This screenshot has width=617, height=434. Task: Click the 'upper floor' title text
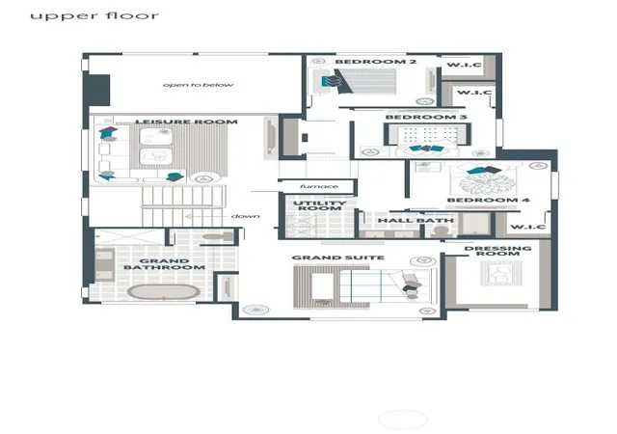pyautogui.click(x=94, y=16)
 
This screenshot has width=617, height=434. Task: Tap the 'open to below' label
pyautogui.click(x=199, y=85)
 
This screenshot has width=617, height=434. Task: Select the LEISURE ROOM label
pyautogui.click(x=186, y=122)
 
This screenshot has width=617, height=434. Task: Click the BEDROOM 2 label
pyautogui.click(x=375, y=62)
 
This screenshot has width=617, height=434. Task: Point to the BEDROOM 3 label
pyautogui.click(x=426, y=117)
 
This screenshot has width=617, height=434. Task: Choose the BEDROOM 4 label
pyautogui.click(x=489, y=200)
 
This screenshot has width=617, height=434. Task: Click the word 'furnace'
pyautogui.click(x=319, y=186)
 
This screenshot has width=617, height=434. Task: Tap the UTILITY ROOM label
pyautogui.click(x=320, y=205)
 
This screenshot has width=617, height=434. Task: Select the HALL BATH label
pyautogui.click(x=416, y=221)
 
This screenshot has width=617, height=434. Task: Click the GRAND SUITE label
pyautogui.click(x=338, y=258)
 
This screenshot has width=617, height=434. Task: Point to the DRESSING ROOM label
pyautogui.click(x=497, y=251)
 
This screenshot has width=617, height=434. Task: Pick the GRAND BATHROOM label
pyautogui.click(x=165, y=264)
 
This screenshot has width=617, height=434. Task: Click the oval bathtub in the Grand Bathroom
pyautogui.click(x=164, y=292)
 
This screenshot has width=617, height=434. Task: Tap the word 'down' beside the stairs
pyautogui.click(x=246, y=216)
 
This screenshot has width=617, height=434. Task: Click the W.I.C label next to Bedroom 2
pyautogui.click(x=465, y=65)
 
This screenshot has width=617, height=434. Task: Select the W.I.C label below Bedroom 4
pyautogui.click(x=527, y=227)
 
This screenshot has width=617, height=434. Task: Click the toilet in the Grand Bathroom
pyautogui.click(x=218, y=237)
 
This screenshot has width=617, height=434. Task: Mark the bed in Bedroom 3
pyautogui.click(x=427, y=140)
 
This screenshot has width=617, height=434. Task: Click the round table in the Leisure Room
pyautogui.click(x=203, y=178)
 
